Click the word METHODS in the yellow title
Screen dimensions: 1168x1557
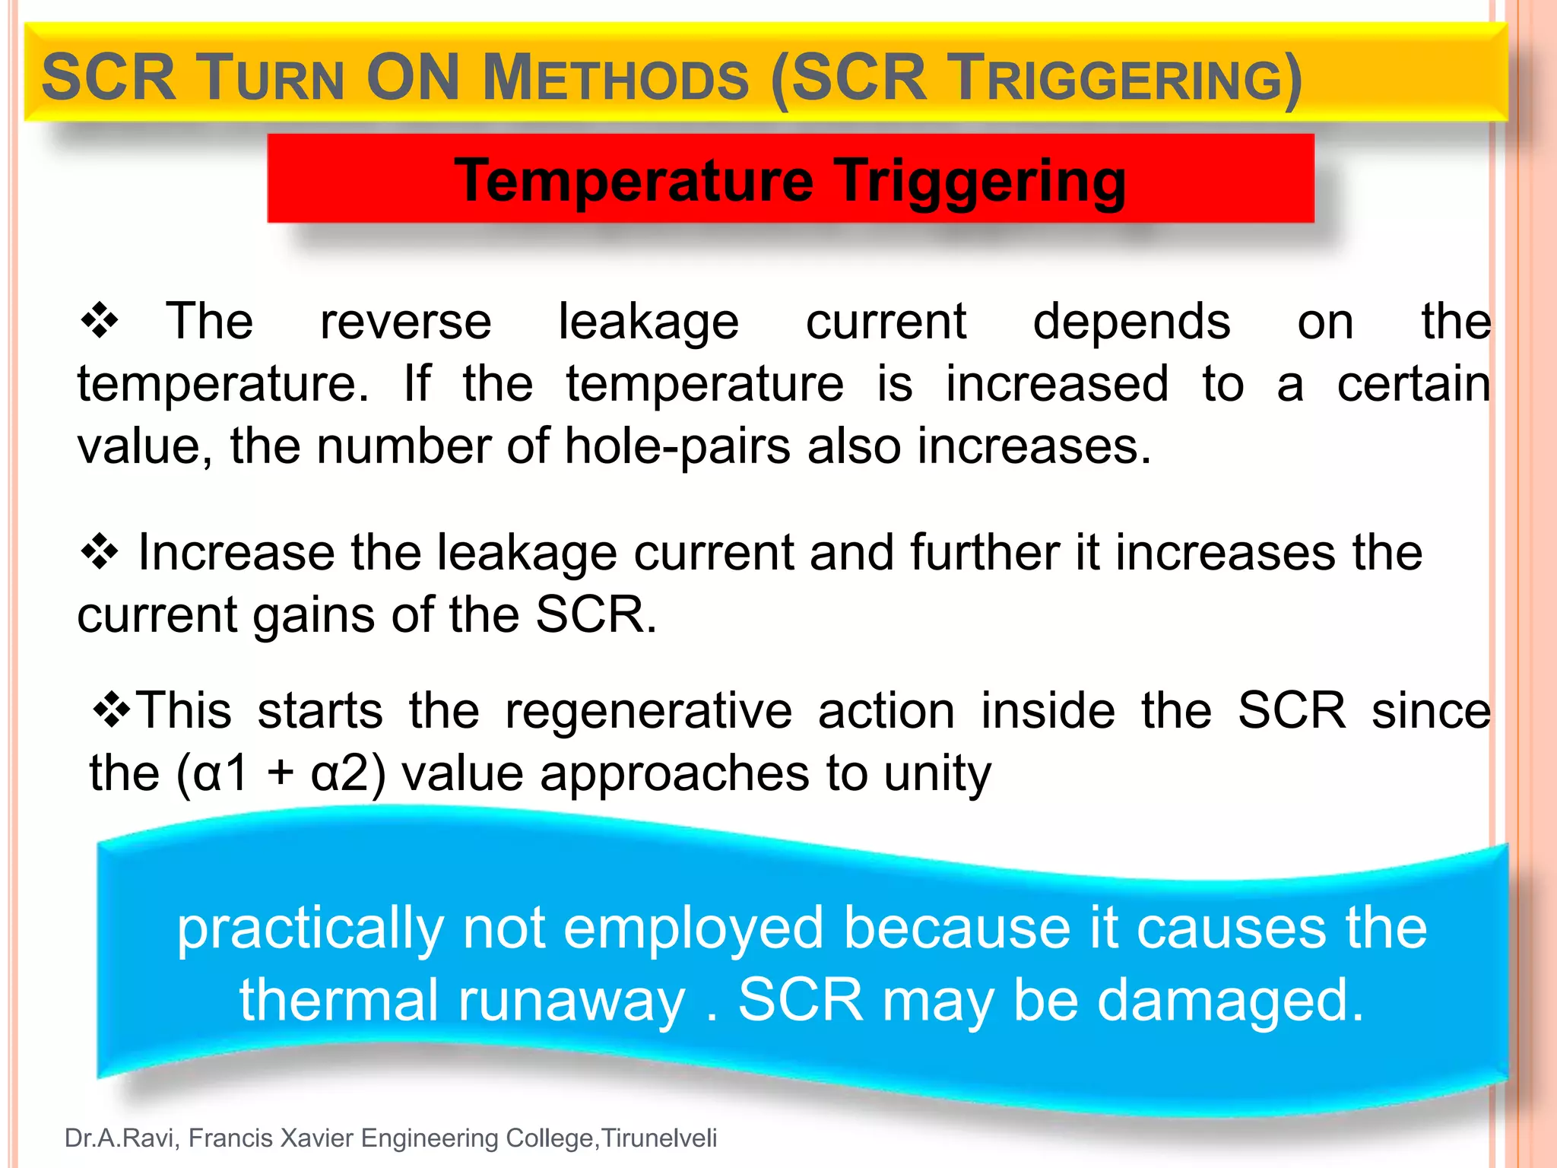[616, 79]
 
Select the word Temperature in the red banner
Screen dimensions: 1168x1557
[634, 180]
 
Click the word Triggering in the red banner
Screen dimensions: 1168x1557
[981, 180]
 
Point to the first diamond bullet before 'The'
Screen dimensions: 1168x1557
[100, 320]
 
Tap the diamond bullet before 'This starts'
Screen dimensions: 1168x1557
[112, 710]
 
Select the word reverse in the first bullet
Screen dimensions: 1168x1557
[405, 322]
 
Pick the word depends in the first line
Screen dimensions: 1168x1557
[1131, 322]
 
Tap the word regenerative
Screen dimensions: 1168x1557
[648, 711]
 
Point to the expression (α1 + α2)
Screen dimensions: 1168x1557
[281, 773]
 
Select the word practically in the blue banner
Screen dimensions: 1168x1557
[310, 928]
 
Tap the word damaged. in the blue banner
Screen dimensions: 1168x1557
[1230, 1000]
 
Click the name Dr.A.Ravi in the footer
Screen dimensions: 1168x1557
[122, 1138]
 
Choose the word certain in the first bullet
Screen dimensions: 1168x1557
[1413, 383]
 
